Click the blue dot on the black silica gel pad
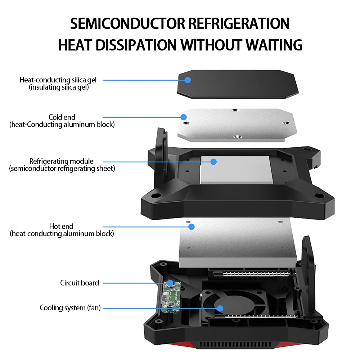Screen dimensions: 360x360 point(188,80)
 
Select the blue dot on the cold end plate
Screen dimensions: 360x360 point(184,117)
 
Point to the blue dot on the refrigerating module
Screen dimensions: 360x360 point(213,162)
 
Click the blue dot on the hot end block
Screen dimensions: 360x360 point(192,226)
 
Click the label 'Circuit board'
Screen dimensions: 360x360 point(80,283)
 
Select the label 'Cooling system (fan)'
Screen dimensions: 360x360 point(70,308)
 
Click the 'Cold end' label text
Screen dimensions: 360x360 point(62,117)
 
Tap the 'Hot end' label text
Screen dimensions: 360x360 point(61,226)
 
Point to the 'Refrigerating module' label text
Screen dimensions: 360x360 point(61,161)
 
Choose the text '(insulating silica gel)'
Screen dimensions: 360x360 point(59,87)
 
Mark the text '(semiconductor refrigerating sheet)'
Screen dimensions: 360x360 point(62,168)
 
